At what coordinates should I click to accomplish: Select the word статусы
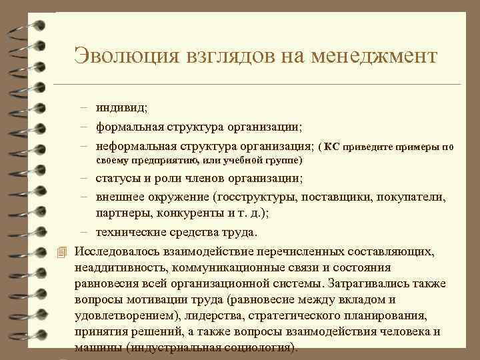[x=118, y=179]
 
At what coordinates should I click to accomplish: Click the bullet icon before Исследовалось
[x=62, y=251]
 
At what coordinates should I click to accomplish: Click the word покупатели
[x=413, y=198]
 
